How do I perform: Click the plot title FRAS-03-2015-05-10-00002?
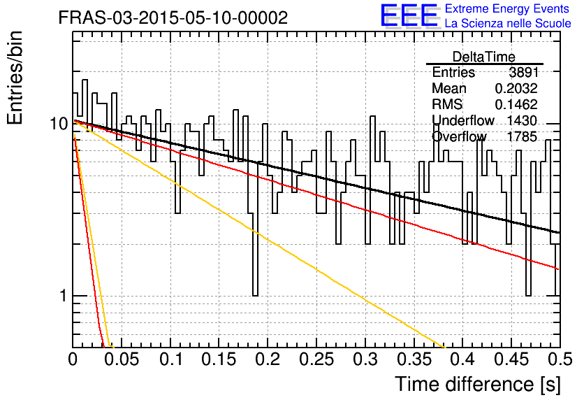point(173,17)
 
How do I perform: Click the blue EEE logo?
point(409,15)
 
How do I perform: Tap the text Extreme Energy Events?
point(507,8)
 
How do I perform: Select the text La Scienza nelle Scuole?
point(508,24)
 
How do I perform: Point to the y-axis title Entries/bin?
point(15,78)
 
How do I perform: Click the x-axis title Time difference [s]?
point(478,384)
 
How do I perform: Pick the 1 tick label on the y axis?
point(63,296)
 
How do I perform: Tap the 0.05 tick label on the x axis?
point(121,359)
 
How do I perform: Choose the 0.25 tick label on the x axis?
point(316,359)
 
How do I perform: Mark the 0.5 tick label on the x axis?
point(560,359)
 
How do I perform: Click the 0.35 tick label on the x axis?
point(414,359)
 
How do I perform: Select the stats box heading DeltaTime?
point(484,57)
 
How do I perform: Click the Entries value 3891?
point(524,72)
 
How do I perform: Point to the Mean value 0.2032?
point(516,88)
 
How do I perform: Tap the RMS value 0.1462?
point(516,104)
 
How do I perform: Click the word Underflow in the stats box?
point(463,120)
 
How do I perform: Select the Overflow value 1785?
point(522,137)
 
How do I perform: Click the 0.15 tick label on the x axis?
point(219,359)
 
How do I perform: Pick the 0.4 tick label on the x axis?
point(462,359)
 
